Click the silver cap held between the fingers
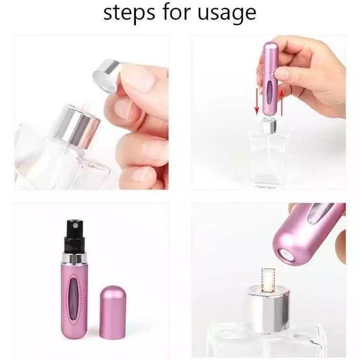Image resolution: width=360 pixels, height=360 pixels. coord(107,72)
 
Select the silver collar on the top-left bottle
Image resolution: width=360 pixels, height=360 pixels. coord(81,126)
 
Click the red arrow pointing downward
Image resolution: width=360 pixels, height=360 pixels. coord(257,100)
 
